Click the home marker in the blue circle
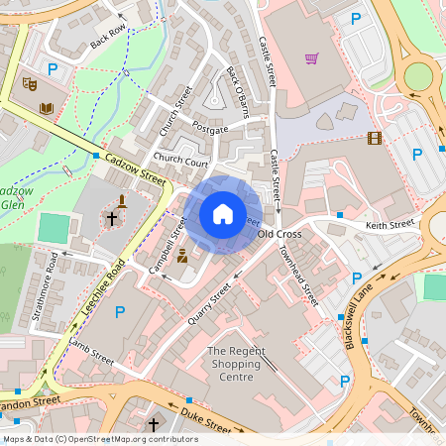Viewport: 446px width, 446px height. pos(223,214)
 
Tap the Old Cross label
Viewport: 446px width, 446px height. pos(279,234)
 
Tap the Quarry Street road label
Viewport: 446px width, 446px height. pos(208,306)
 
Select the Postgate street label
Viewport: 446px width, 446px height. pos(210,129)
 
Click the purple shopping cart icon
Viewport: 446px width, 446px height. pos(311,58)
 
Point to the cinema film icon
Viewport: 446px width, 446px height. pos(374,138)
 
